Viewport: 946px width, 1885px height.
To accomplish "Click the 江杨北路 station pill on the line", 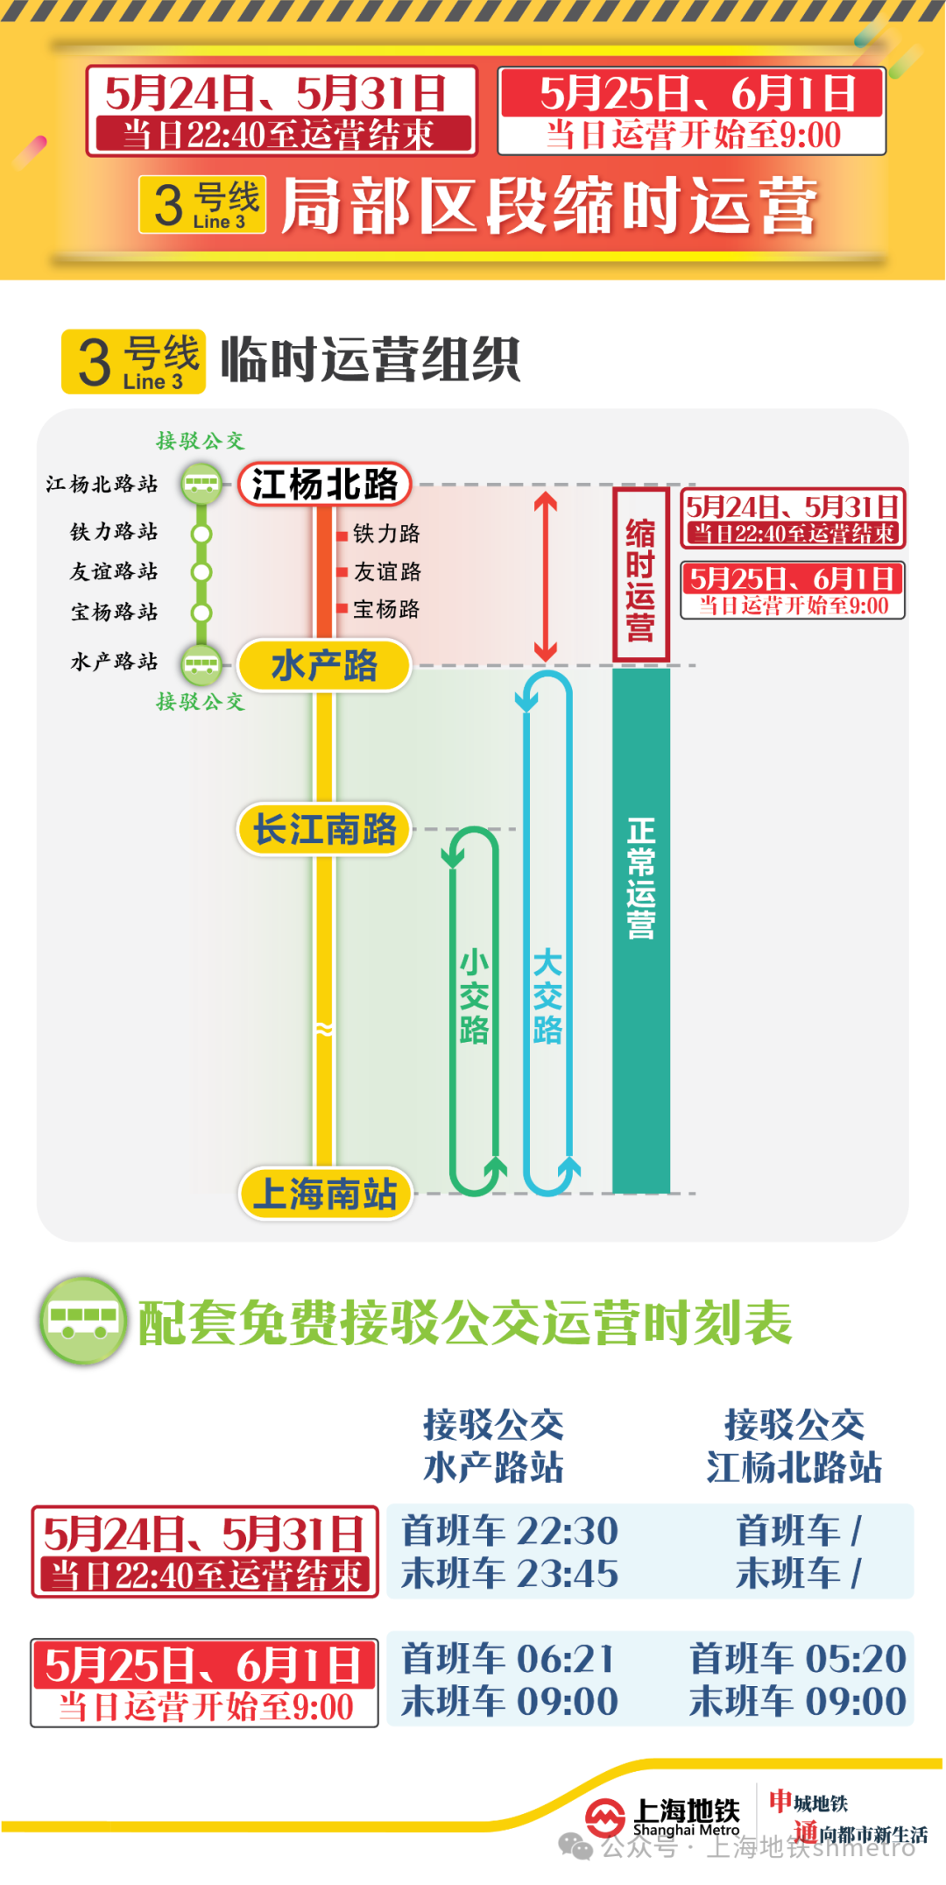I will [x=325, y=485].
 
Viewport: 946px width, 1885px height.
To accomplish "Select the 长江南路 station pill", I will [x=324, y=829].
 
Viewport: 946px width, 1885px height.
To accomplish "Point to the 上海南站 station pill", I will [x=325, y=1194].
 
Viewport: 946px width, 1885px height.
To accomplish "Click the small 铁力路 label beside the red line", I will [x=385, y=534].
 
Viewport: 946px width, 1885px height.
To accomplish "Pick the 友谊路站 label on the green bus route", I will [x=114, y=572].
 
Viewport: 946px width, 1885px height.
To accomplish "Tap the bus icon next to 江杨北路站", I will [x=201, y=484].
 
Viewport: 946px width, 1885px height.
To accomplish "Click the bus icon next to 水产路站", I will [x=201, y=663].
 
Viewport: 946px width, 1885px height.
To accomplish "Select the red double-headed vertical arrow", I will [x=546, y=577].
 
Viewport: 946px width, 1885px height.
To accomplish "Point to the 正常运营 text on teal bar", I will [x=640, y=879].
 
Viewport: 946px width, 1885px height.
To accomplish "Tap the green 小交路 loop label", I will [x=474, y=996].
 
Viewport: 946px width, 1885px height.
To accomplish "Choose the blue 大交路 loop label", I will [x=547, y=996].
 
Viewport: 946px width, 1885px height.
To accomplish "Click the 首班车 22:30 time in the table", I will [x=510, y=1531].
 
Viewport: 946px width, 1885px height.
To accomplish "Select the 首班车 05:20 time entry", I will [x=797, y=1658].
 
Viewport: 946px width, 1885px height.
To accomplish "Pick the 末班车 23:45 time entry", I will [x=510, y=1574].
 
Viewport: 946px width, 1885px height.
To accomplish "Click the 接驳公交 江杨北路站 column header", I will [x=794, y=1446].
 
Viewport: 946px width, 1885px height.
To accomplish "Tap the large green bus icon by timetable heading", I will [x=83, y=1321].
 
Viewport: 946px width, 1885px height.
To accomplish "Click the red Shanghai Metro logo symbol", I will [x=605, y=1817].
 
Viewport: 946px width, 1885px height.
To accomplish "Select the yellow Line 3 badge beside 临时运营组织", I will [x=133, y=361].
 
